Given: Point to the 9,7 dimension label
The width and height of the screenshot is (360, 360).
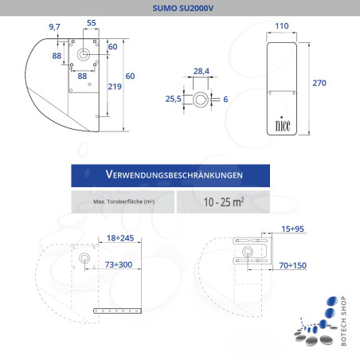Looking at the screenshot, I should pyautogui.click(x=54, y=27).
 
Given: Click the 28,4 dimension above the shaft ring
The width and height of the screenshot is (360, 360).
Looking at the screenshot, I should pyautogui.click(x=202, y=72).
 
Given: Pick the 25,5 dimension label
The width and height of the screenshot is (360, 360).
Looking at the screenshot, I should pyautogui.click(x=173, y=99).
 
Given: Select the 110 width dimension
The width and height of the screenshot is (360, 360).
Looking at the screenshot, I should pyautogui.click(x=280, y=26).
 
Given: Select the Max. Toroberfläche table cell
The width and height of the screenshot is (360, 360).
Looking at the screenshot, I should pyautogui.click(x=123, y=202).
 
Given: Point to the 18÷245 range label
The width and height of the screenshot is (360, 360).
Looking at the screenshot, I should pyautogui.click(x=119, y=237).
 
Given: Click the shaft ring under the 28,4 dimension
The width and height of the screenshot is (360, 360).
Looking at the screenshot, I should pyautogui.click(x=203, y=99).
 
